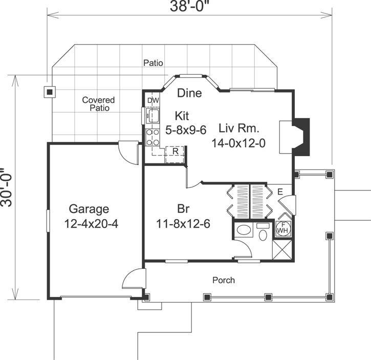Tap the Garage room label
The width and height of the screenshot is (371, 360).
click(x=89, y=209)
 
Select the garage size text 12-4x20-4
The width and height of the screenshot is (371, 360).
click(x=92, y=224)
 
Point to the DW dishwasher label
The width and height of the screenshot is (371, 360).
click(x=152, y=100)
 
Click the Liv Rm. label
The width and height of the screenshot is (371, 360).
click(x=239, y=128)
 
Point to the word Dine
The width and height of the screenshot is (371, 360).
click(x=189, y=93)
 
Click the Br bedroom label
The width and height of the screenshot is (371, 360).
click(x=184, y=209)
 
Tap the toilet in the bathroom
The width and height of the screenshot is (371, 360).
click(x=263, y=234)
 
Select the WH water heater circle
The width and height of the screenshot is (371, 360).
click(x=282, y=229)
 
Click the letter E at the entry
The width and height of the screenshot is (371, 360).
click(x=280, y=192)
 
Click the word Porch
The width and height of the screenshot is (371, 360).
click(x=224, y=280)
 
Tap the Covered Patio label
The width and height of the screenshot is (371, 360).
click(x=98, y=104)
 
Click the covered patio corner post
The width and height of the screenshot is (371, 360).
click(x=49, y=92)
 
